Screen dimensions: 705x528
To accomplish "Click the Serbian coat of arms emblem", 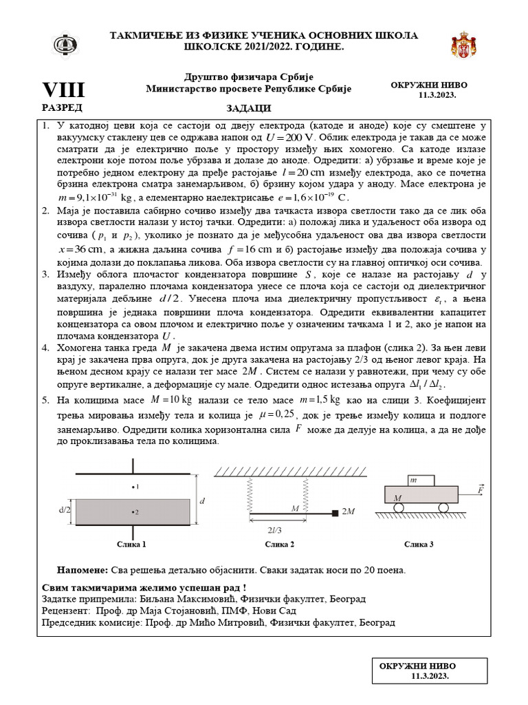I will click(x=463, y=45).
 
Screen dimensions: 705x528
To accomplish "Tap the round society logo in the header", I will click(x=66, y=45).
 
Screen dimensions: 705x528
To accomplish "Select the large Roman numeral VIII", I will click(x=63, y=90).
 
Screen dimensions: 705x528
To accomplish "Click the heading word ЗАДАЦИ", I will click(x=249, y=108).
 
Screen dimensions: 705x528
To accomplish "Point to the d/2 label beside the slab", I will click(x=65, y=510).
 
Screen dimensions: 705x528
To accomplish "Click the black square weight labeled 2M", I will click(x=335, y=513).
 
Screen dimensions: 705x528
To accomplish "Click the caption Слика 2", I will click(x=280, y=545).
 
